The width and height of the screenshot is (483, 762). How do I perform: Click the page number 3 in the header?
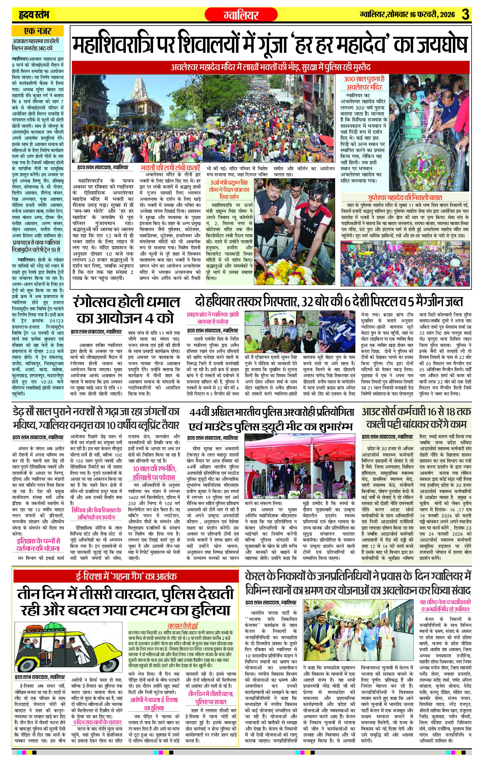465,15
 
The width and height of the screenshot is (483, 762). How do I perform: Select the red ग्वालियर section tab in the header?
241,15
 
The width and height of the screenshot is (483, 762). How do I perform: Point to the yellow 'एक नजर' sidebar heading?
37,31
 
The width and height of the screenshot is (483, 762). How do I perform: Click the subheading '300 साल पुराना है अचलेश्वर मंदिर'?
364,83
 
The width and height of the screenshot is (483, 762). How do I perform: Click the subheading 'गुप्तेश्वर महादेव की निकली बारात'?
405,197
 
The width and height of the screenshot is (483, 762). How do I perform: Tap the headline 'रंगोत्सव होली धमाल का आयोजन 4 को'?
126,309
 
